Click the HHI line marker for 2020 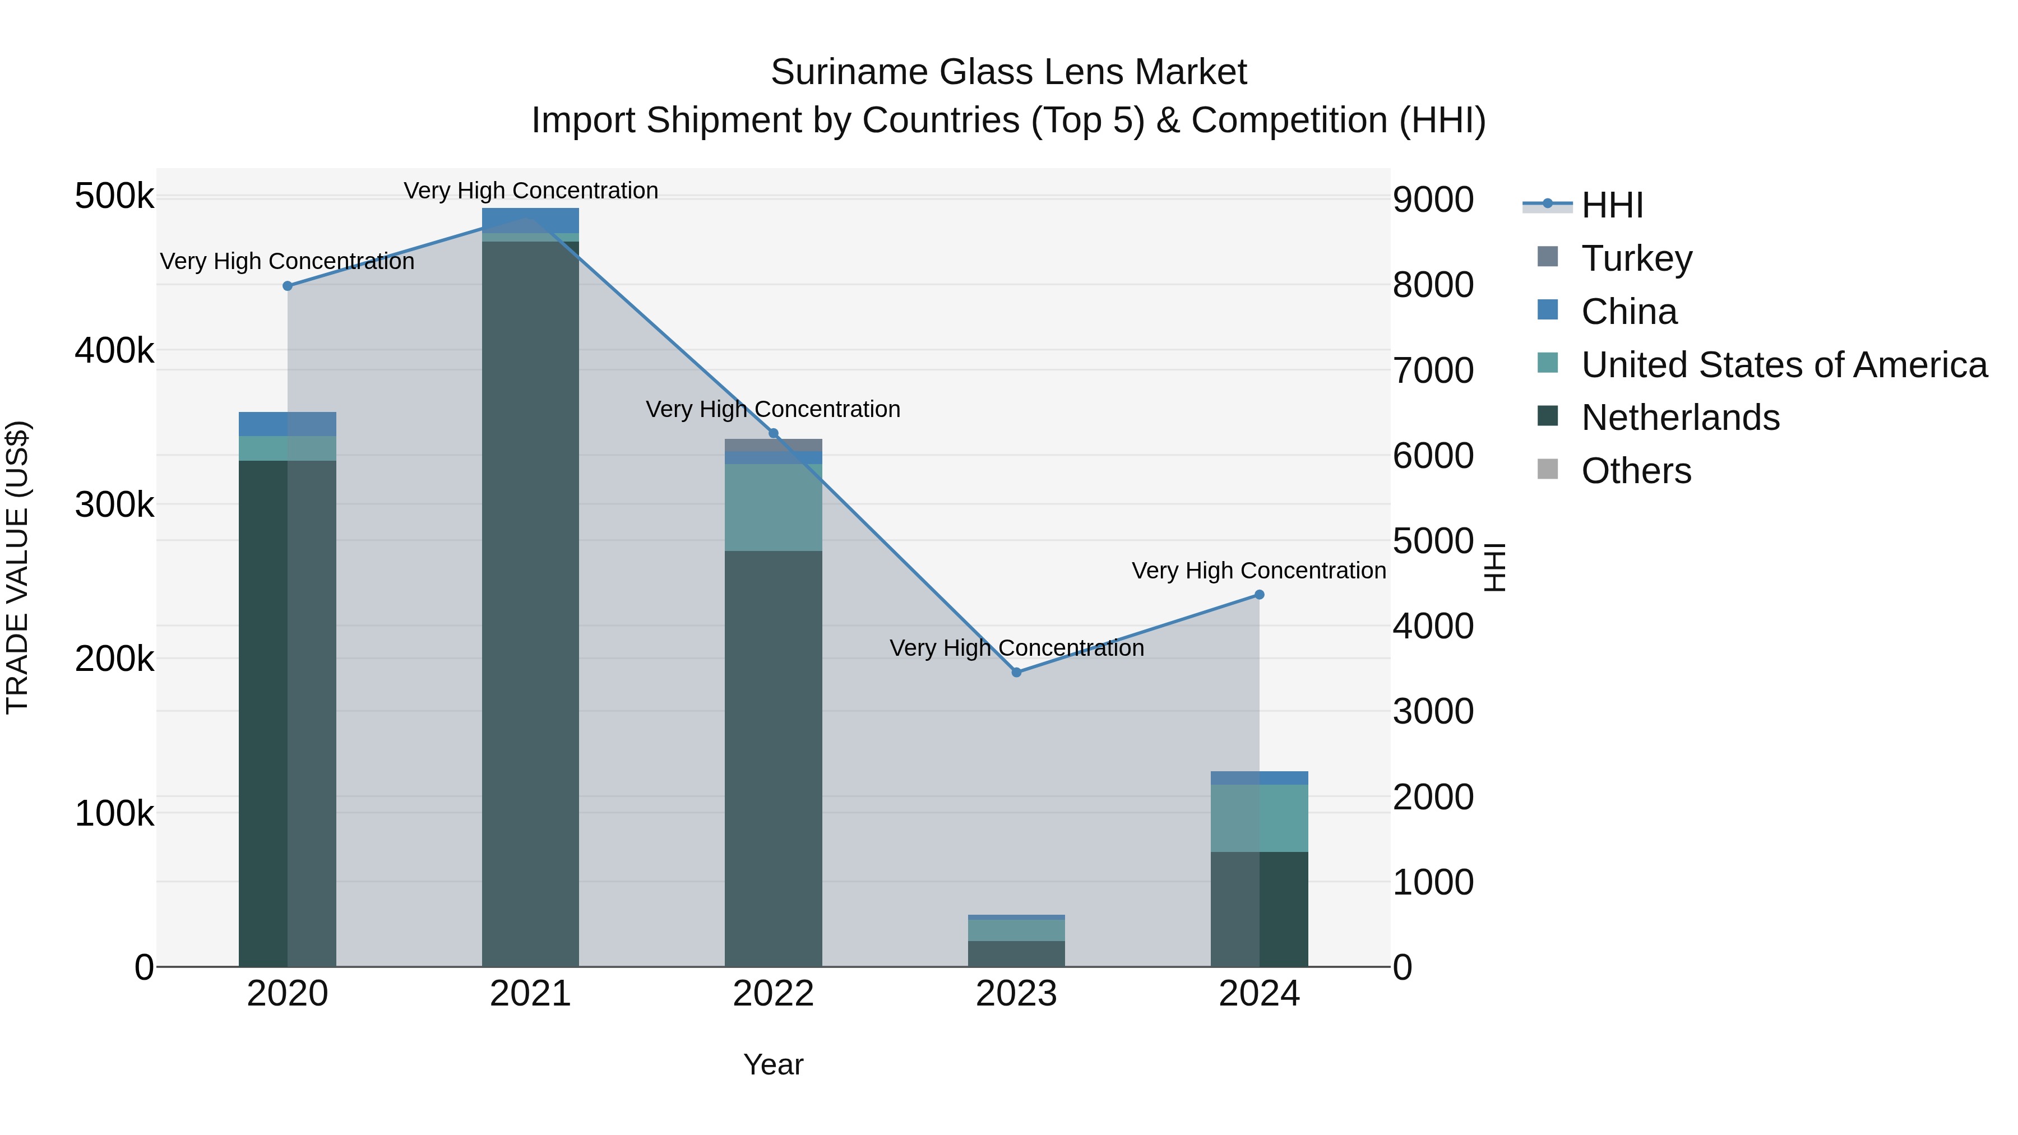(x=288, y=286)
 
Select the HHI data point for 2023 (x=1016, y=672)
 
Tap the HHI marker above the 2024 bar (x=1259, y=595)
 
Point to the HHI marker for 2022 (x=773, y=433)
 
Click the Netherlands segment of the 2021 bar (x=530, y=603)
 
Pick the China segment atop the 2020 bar (x=288, y=424)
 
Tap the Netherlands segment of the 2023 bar (x=1016, y=953)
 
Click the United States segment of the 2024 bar (x=1259, y=818)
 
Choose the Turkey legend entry (x=1636, y=258)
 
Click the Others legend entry (x=1636, y=471)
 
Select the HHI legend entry (x=1612, y=205)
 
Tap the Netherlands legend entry (x=1679, y=418)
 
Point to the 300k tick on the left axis (x=114, y=505)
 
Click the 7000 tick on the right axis (x=1433, y=370)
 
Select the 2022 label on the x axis (x=773, y=994)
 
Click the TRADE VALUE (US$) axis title (x=17, y=567)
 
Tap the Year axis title (x=773, y=1064)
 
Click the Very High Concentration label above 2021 (x=530, y=191)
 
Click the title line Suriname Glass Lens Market (x=1008, y=72)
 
